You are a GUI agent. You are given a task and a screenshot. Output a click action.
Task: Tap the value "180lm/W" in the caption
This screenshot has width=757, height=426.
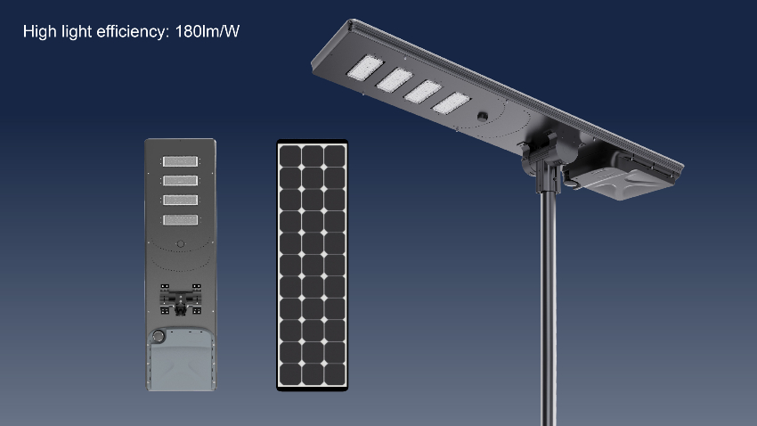208,31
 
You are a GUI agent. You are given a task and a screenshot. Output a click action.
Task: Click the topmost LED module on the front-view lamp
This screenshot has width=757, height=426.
180,160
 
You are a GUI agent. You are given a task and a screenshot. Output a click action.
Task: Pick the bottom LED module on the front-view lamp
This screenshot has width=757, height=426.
180,220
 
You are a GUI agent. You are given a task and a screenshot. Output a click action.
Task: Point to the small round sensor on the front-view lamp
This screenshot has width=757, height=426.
181,244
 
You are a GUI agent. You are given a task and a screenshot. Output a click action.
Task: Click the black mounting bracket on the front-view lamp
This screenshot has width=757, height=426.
181,299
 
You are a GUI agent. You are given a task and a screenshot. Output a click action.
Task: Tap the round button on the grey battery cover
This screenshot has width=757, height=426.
158,335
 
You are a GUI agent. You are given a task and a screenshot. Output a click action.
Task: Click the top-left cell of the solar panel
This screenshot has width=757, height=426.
290,156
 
